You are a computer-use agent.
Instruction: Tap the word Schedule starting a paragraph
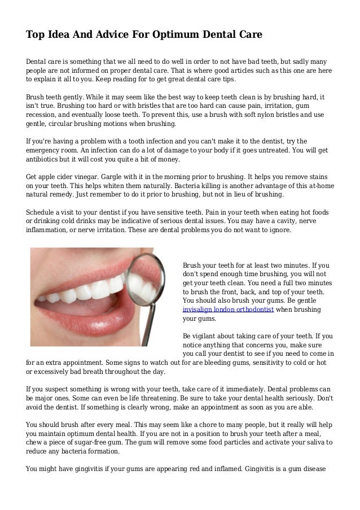41,196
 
